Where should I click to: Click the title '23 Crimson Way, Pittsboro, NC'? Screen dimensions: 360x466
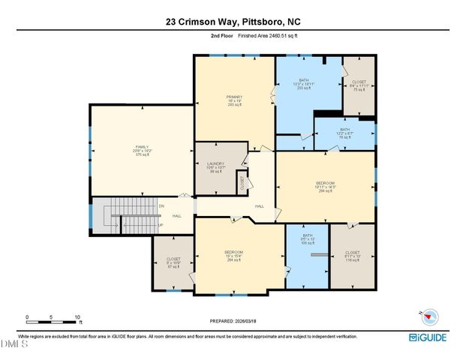click(233, 22)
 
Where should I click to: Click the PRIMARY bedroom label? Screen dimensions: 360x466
click(233, 100)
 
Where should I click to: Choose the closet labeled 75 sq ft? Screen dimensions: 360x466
click(359, 85)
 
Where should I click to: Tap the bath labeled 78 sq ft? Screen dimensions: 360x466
click(344, 133)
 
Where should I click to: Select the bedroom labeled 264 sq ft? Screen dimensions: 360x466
click(233, 255)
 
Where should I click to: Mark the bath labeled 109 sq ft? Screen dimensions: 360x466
click(308, 239)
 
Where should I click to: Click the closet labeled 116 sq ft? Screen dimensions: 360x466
click(352, 256)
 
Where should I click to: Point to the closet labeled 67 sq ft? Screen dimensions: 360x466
click(173, 262)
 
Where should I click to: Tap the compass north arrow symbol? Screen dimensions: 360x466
click(422, 316)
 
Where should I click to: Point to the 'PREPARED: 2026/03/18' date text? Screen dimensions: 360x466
click(233, 321)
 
